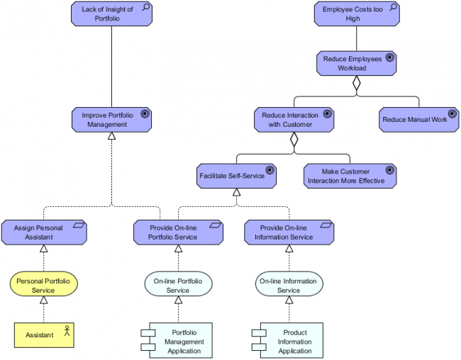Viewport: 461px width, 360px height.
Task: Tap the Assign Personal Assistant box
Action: [43, 232]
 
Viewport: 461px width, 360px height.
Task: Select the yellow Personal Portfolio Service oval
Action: [43, 285]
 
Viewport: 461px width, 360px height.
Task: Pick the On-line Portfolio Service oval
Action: [177, 285]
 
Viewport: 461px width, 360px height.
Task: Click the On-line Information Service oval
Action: [289, 285]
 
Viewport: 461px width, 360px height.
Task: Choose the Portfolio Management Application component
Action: [182, 341]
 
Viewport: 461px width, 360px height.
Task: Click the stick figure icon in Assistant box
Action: [67, 330]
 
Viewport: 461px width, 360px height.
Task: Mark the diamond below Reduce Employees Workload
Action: [357, 83]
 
